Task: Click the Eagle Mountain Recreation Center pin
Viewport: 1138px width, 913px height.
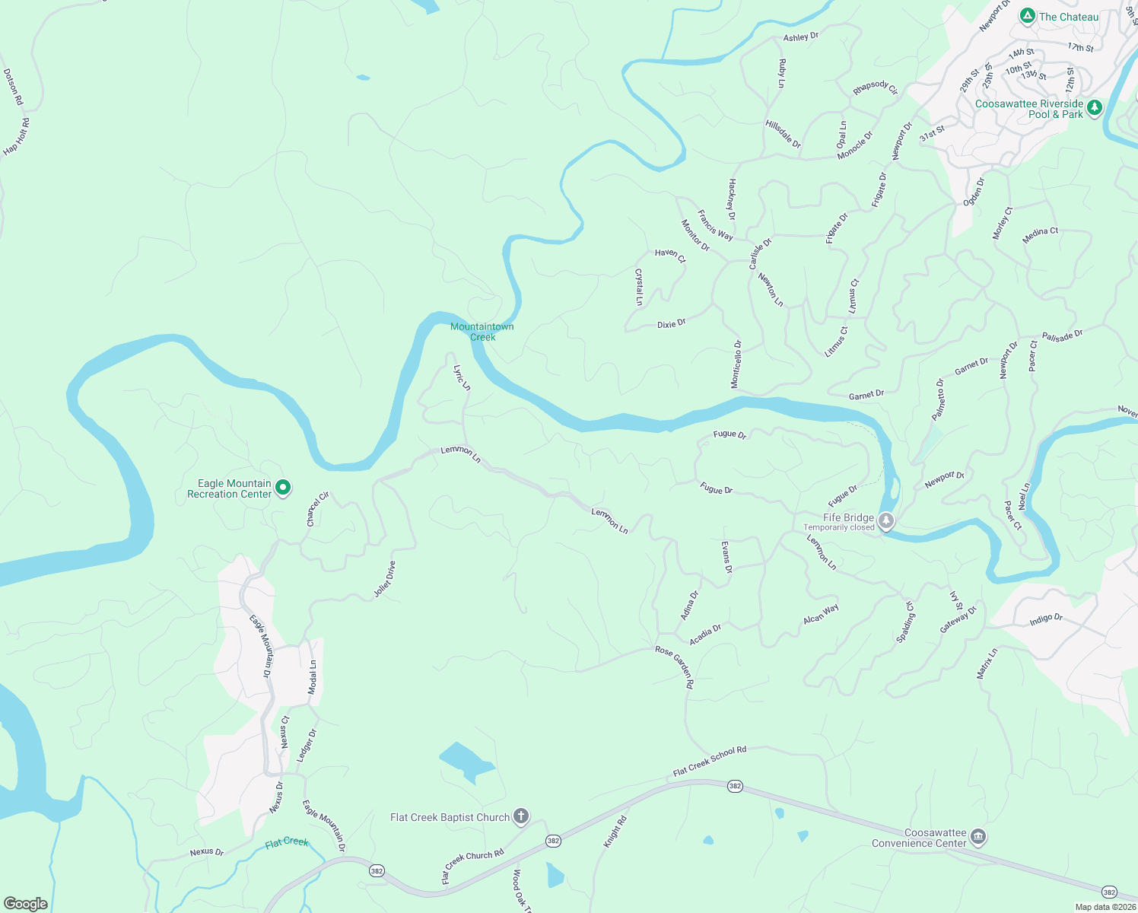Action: [283, 487]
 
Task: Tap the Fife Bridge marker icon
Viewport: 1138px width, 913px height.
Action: [886, 521]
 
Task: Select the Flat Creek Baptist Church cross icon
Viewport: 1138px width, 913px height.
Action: [521, 817]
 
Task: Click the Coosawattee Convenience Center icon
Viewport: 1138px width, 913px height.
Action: [978, 838]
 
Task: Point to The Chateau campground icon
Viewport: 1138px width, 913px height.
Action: [1028, 16]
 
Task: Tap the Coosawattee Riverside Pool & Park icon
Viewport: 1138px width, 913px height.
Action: [1095, 107]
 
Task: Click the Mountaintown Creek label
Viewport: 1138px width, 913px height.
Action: [482, 332]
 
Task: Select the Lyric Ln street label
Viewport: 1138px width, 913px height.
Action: [462, 378]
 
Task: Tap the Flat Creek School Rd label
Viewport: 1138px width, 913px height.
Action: [710, 761]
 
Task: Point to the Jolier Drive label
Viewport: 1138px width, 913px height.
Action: [385, 579]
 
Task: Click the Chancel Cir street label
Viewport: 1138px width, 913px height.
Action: [317, 509]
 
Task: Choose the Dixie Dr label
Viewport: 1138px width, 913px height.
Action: [672, 323]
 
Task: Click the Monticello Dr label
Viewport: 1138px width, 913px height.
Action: [736, 364]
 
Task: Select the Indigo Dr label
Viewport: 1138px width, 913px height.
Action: [1046, 619]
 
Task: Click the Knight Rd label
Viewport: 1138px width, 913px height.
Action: [615, 832]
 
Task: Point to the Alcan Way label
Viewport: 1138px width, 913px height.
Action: [821, 614]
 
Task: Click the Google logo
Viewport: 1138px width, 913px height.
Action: [25, 904]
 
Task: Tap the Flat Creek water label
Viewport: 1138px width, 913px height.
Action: [287, 843]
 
